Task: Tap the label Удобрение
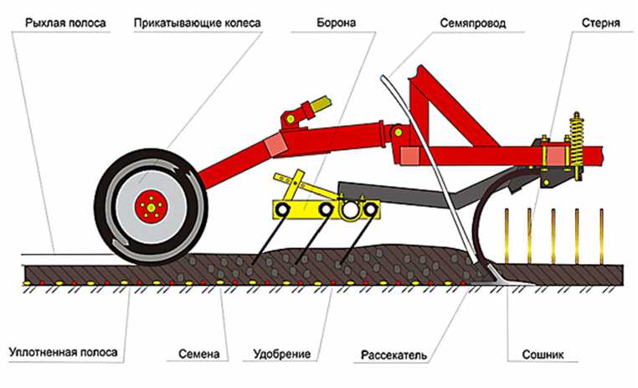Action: pos(282,354)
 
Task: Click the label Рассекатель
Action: pos(394,354)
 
